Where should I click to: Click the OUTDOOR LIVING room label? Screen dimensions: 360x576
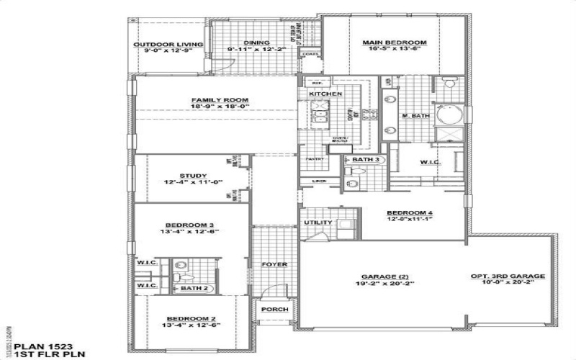coord(168,45)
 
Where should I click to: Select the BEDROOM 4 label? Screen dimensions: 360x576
coord(409,212)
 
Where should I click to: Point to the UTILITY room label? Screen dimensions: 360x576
coord(318,222)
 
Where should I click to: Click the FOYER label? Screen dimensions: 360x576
coord(274,264)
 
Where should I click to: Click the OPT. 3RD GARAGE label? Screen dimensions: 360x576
coord(508,276)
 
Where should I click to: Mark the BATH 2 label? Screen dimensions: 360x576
coord(194,288)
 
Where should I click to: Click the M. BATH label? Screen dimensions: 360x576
coord(416,116)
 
